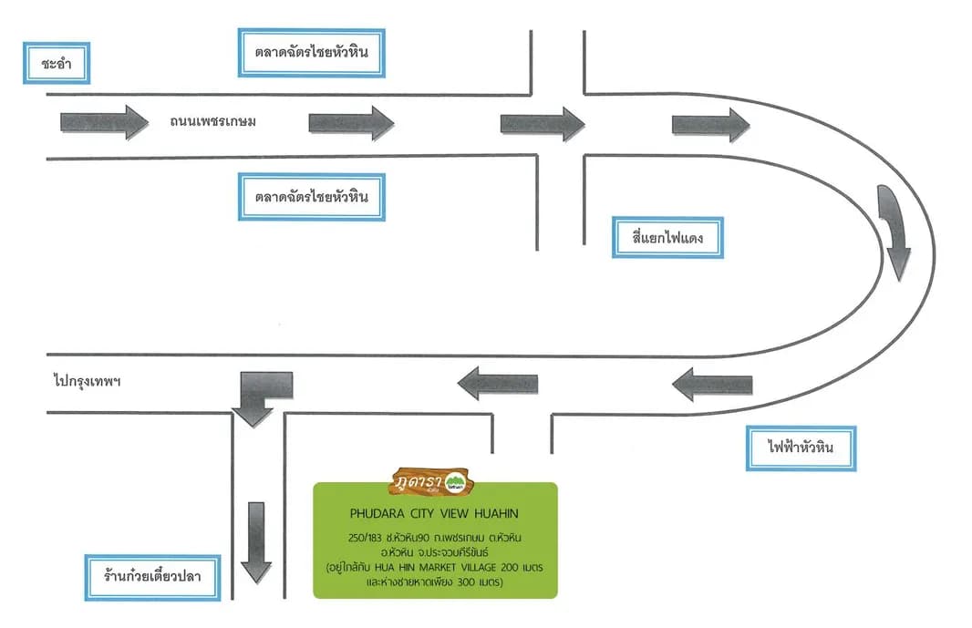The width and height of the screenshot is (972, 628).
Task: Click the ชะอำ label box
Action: (57, 63)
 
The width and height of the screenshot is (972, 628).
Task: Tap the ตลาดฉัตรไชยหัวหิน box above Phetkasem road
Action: (311, 53)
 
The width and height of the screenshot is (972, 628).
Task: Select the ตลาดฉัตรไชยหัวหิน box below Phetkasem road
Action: (311, 197)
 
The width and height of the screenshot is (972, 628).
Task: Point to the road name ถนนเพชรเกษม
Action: (212, 121)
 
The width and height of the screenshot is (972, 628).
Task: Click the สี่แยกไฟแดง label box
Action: (667, 238)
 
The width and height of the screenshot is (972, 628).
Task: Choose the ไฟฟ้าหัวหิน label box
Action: (801, 448)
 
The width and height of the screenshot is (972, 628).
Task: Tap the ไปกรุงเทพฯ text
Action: (87, 381)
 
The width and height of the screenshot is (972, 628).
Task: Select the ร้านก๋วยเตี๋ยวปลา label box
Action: (152, 577)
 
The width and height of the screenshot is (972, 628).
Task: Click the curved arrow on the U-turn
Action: (894, 231)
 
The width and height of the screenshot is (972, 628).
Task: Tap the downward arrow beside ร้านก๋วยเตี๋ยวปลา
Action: (256, 542)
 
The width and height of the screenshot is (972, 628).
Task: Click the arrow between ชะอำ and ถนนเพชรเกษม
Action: (104, 122)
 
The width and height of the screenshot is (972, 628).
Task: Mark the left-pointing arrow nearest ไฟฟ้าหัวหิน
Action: (712, 385)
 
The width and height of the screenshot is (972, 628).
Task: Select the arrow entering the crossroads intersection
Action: (543, 124)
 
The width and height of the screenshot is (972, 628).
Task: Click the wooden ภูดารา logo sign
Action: (431, 482)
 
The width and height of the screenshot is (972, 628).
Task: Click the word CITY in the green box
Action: (422, 514)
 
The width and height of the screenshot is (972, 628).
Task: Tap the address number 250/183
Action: (364, 538)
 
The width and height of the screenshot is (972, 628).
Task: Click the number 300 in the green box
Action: (466, 582)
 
